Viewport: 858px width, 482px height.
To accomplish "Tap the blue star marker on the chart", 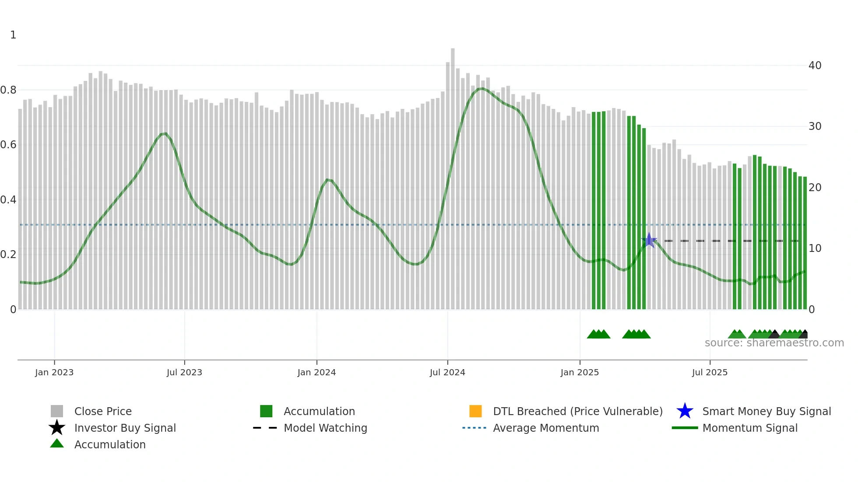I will (x=649, y=240).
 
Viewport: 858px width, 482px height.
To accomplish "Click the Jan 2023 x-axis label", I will (x=54, y=372).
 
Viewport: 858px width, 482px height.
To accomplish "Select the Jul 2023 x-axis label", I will (x=184, y=372).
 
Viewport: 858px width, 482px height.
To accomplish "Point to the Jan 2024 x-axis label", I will (x=316, y=372).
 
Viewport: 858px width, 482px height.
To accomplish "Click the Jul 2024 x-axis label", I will (x=447, y=372).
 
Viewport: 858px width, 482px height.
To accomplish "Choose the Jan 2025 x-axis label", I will (x=580, y=372).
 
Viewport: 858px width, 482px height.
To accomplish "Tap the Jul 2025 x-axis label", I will (x=710, y=372).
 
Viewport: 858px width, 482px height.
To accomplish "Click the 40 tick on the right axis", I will (x=815, y=66).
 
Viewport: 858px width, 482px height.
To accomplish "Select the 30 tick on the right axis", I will (x=815, y=126).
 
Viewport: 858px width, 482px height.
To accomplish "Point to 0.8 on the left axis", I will (x=8, y=90).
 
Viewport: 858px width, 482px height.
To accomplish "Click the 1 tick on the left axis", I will (x=13, y=35).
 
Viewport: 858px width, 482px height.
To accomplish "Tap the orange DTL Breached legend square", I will (x=475, y=411).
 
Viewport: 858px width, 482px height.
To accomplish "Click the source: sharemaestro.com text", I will (x=774, y=343).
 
